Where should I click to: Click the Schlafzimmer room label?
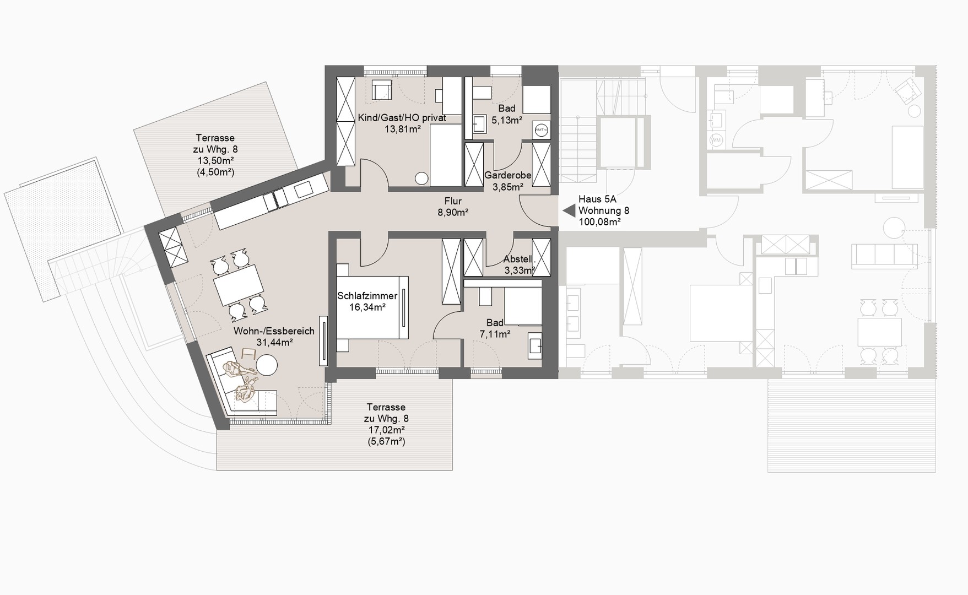click(x=367, y=296)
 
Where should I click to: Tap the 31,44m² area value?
click(x=274, y=342)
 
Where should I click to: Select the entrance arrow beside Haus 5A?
click(x=569, y=210)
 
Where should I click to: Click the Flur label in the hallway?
click(x=453, y=201)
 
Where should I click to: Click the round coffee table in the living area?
click(x=267, y=365)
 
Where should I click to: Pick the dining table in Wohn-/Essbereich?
click(x=239, y=285)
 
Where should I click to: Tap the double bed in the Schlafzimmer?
click(x=372, y=307)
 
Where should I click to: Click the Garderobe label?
click(x=507, y=175)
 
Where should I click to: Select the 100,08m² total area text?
click(x=599, y=222)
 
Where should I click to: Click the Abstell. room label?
click(x=519, y=259)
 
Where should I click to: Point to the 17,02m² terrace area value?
click(x=386, y=430)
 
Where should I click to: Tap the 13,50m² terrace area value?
click(x=215, y=160)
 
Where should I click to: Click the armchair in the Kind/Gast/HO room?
click(x=381, y=90)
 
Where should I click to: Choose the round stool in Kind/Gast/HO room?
click(x=421, y=178)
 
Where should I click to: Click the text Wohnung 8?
click(x=603, y=210)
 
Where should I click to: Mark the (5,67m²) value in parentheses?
click(x=386, y=441)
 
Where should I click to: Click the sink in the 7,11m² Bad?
click(x=534, y=345)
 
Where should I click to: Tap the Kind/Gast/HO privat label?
click(x=402, y=118)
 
